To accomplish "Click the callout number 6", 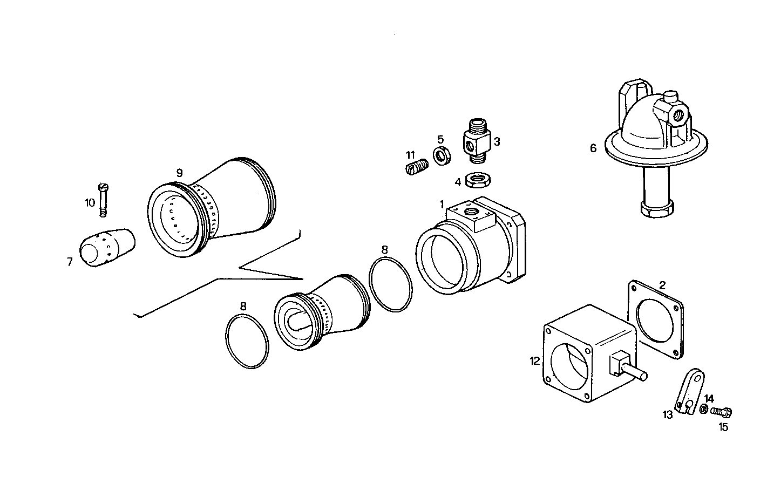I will coord(593,148).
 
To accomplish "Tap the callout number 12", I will coord(534,361).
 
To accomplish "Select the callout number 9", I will coord(179,173).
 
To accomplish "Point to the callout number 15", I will coord(723,427).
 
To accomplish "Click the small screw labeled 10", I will coord(104,199).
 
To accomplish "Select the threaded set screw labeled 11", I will coord(416,167).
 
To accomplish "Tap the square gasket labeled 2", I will coord(656,319).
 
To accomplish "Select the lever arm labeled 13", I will coord(689,391).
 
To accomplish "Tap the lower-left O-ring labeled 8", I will coord(247,342).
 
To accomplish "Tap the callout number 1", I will coord(442,205).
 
